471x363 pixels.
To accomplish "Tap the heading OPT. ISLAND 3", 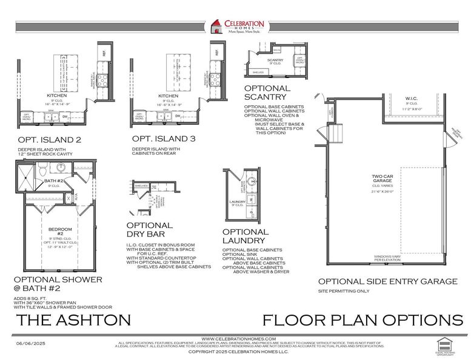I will [164, 139].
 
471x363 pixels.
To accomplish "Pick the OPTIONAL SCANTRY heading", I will [267, 93].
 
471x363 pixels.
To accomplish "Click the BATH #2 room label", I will [55, 181].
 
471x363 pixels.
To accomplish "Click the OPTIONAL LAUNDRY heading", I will [246, 236].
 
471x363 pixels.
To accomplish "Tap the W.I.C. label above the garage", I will [412, 98].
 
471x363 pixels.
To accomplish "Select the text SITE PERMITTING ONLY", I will [344, 291].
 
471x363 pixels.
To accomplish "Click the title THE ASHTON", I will [73, 319].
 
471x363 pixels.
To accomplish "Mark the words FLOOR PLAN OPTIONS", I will [362, 319].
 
